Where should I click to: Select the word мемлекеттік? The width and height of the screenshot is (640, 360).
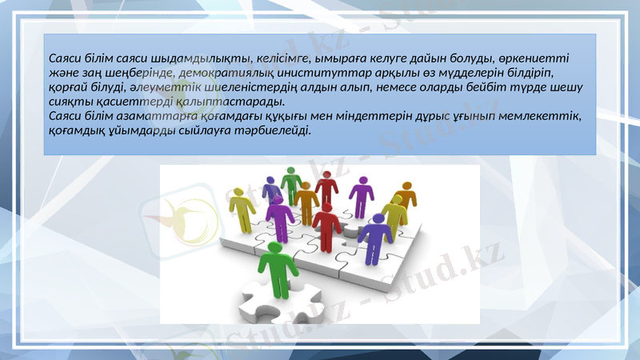point(544,116)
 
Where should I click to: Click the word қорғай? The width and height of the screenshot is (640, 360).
point(66,87)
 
